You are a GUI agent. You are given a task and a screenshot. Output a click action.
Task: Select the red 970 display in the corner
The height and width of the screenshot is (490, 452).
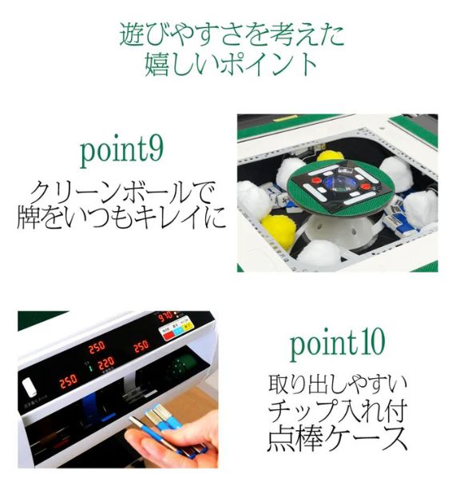click(166, 317)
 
